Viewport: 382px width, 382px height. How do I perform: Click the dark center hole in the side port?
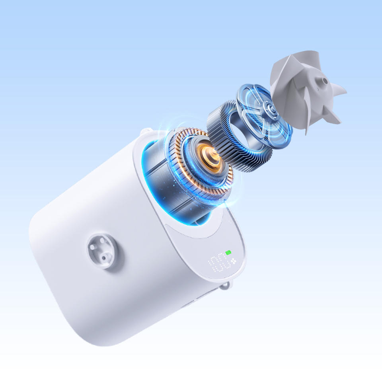point(104,258)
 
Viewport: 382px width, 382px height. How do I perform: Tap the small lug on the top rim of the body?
point(146,132)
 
